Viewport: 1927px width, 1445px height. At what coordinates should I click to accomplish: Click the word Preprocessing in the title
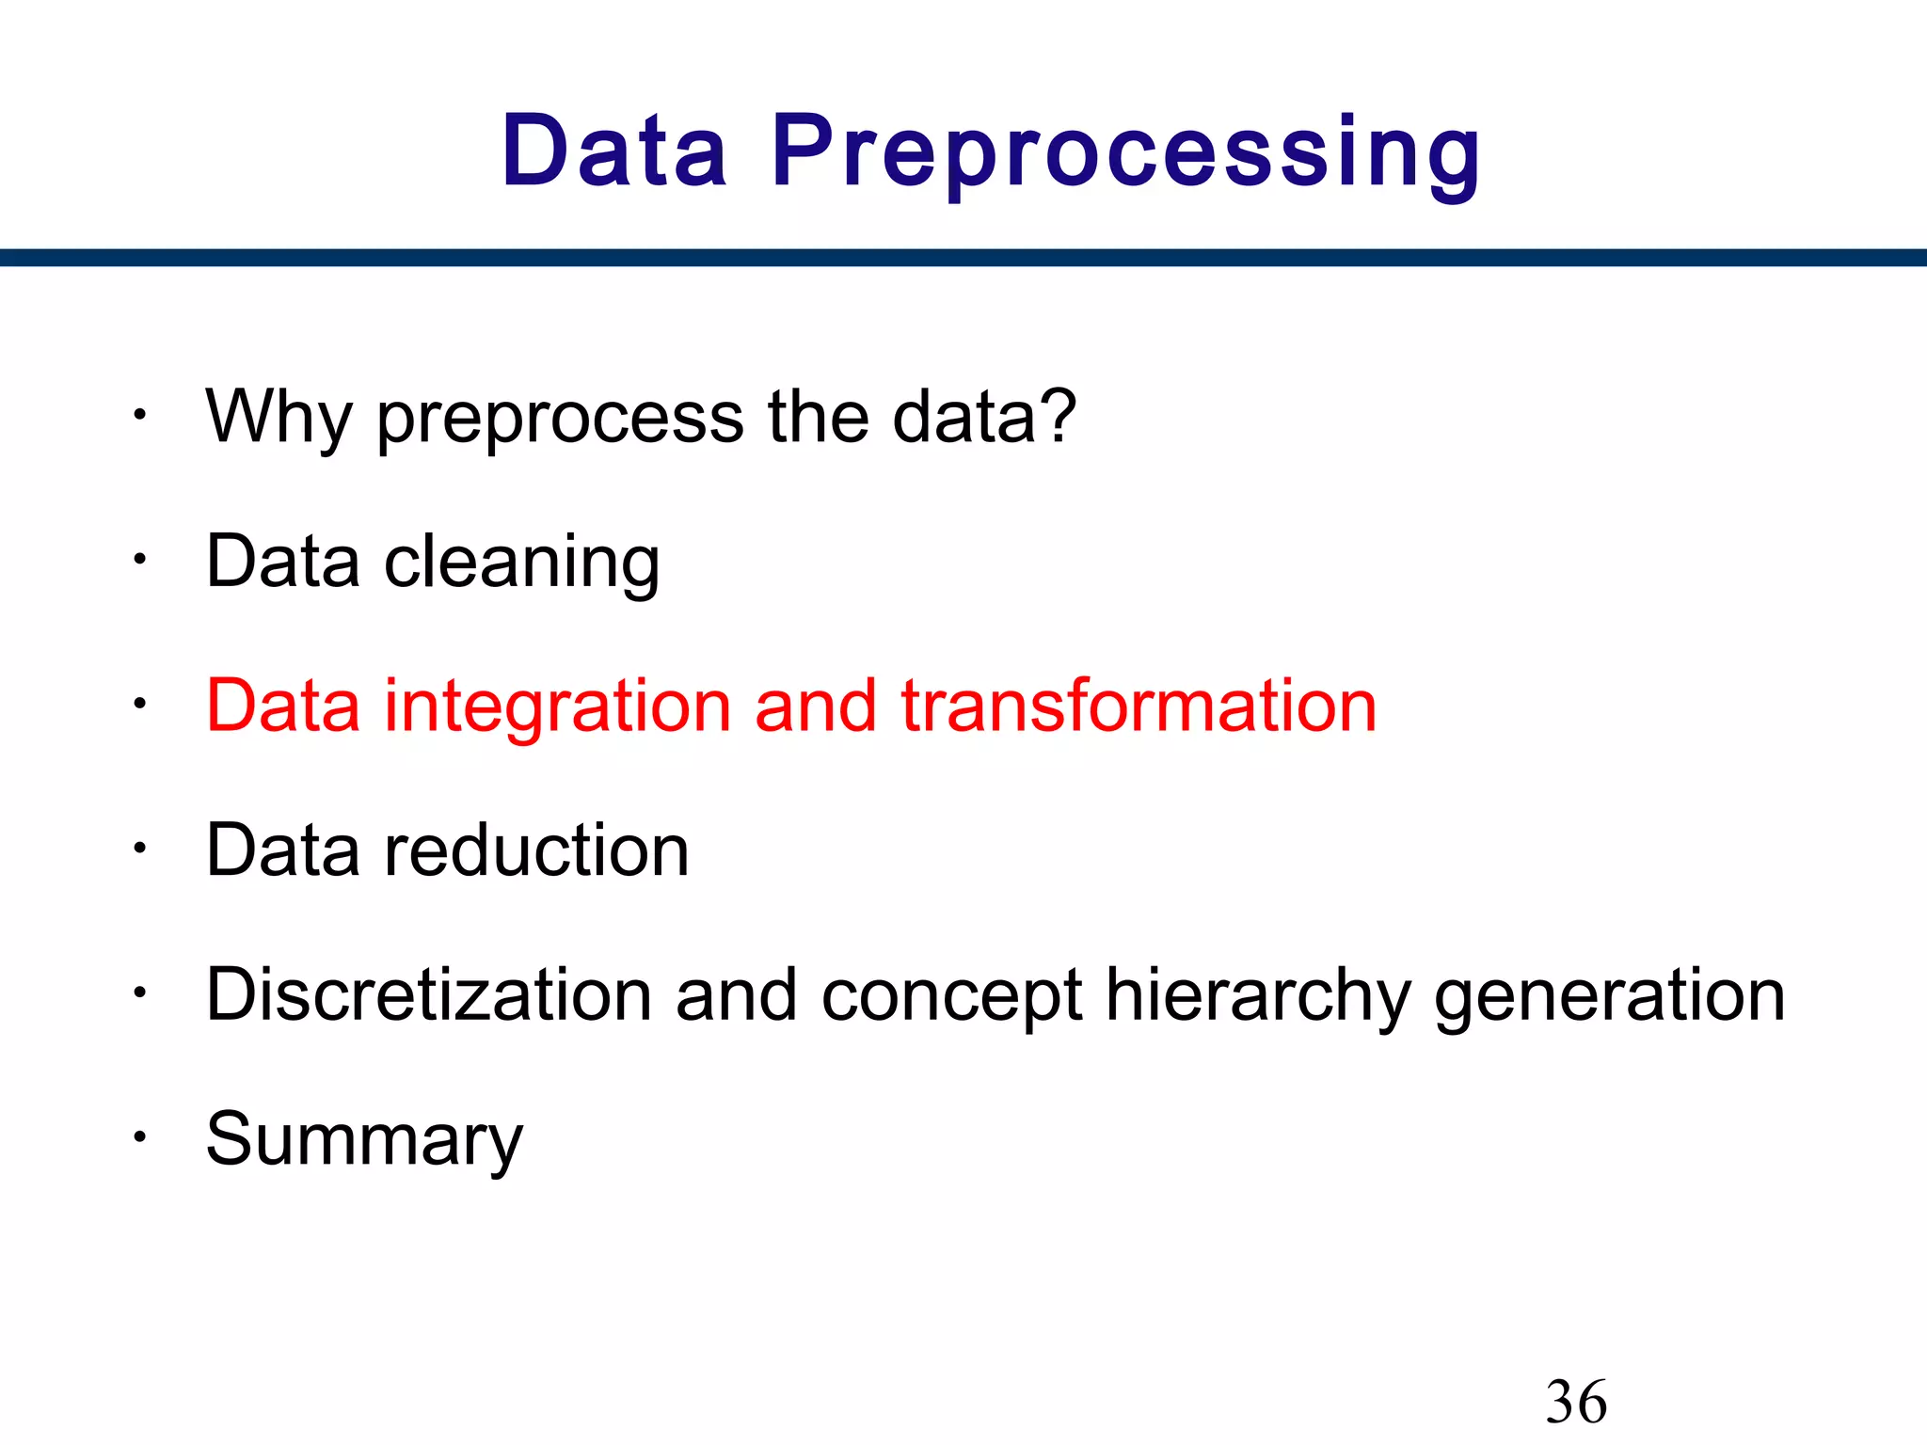(x=1125, y=153)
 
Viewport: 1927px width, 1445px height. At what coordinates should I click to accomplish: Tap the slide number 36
(x=1576, y=1402)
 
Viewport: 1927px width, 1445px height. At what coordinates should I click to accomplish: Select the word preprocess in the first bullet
(x=561, y=420)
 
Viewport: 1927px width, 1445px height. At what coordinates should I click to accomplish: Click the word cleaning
(x=522, y=564)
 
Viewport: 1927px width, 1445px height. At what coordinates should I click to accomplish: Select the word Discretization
(x=429, y=995)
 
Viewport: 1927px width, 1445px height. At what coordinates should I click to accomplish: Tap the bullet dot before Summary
(x=139, y=1137)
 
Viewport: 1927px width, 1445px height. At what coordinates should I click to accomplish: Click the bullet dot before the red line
(x=139, y=704)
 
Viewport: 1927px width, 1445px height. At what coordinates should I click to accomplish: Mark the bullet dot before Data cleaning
(x=139, y=560)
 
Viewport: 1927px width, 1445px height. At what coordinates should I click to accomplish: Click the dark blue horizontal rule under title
(x=963, y=257)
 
